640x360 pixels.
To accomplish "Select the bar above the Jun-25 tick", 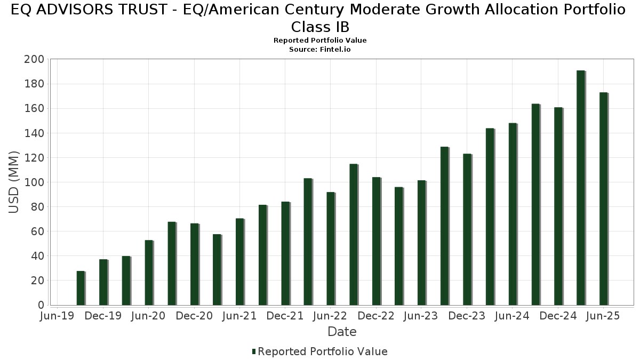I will (603, 199).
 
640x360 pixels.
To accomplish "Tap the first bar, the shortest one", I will (80, 288).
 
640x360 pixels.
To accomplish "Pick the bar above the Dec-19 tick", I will (103, 282).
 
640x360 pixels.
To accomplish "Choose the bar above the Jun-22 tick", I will (331, 249).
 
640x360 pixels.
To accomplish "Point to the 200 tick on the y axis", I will (34, 59).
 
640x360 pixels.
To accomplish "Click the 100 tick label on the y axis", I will (34, 182).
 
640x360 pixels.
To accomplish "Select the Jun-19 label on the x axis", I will (58, 316).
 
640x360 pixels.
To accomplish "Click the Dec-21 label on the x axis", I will (285, 316).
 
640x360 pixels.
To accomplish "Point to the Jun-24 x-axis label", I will (512, 316).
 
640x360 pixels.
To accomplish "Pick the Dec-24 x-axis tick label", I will (558, 316).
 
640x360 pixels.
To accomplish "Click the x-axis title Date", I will (342, 332).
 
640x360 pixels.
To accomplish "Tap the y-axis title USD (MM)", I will (14, 182).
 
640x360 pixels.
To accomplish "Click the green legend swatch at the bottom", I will (254, 351).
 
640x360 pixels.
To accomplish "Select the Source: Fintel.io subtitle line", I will (320, 49).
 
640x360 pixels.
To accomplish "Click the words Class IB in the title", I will (320, 27).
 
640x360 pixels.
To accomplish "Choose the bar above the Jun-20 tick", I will (149, 273).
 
